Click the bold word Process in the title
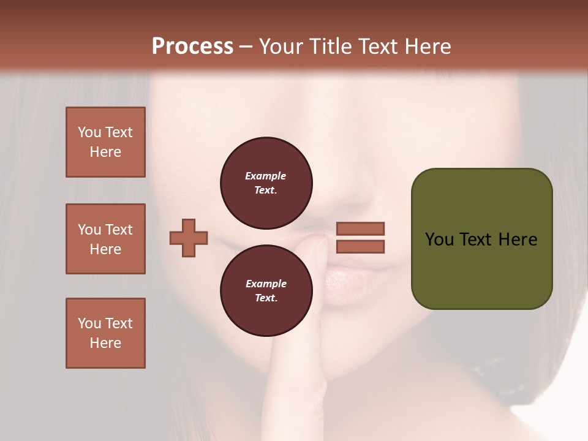pyautogui.click(x=192, y=47)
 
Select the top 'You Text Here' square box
pyautogui.click(x=105, y=142)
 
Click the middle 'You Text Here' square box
pyautogui.click(x=105, y=239)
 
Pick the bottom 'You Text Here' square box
pyautogui.click(x=105, y=333)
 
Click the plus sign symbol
pyautogui.click(x=189, y=238)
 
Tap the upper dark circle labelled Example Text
pyautogui.click(x=266, y=183)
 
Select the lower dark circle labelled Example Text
pyautogui.click(x=266, y=290)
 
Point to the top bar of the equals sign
pyautogui.click(x=360, y=229)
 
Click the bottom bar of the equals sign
pyautogui.click(x=360, y=246)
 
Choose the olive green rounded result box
pyautogui.click(x=481, y=238)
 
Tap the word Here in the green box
pyautogui.click(x=518, y=239)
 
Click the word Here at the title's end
pyautogui.click(x=428, y=47)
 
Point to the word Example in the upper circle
pyautogui.click(x=266, y=176)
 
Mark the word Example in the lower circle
pyautogui.click(x=266, y=284)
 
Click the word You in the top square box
pyautogui.click(x=89, y=132)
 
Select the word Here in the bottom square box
pyautogui.click(x=105, y=343)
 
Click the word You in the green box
pyautogui.click(x=439, y=239)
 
